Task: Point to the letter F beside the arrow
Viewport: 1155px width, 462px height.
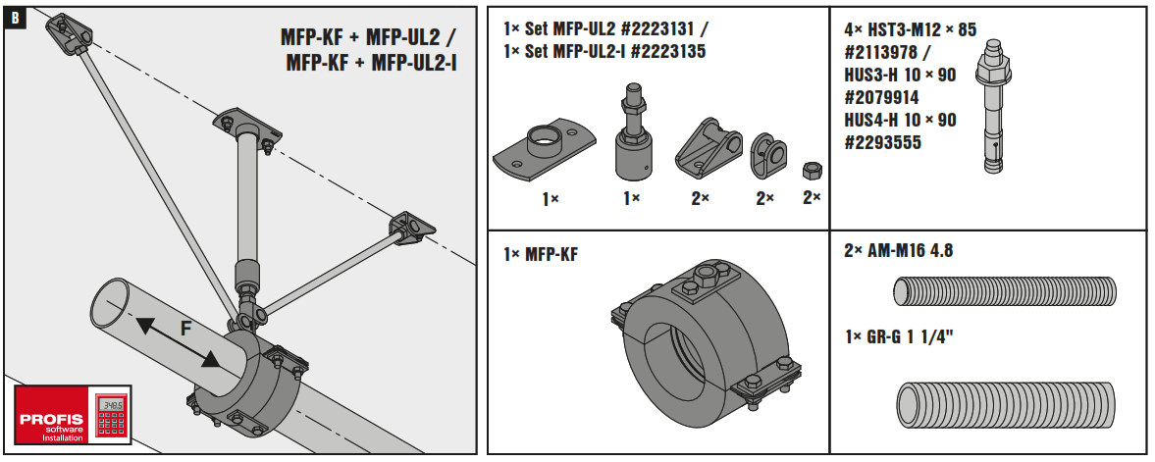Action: pos(184,329)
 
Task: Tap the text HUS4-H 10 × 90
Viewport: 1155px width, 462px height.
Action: pos(900,120)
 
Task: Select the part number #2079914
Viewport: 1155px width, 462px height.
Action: pos(881,97)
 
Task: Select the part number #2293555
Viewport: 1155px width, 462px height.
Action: pos(881,142)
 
